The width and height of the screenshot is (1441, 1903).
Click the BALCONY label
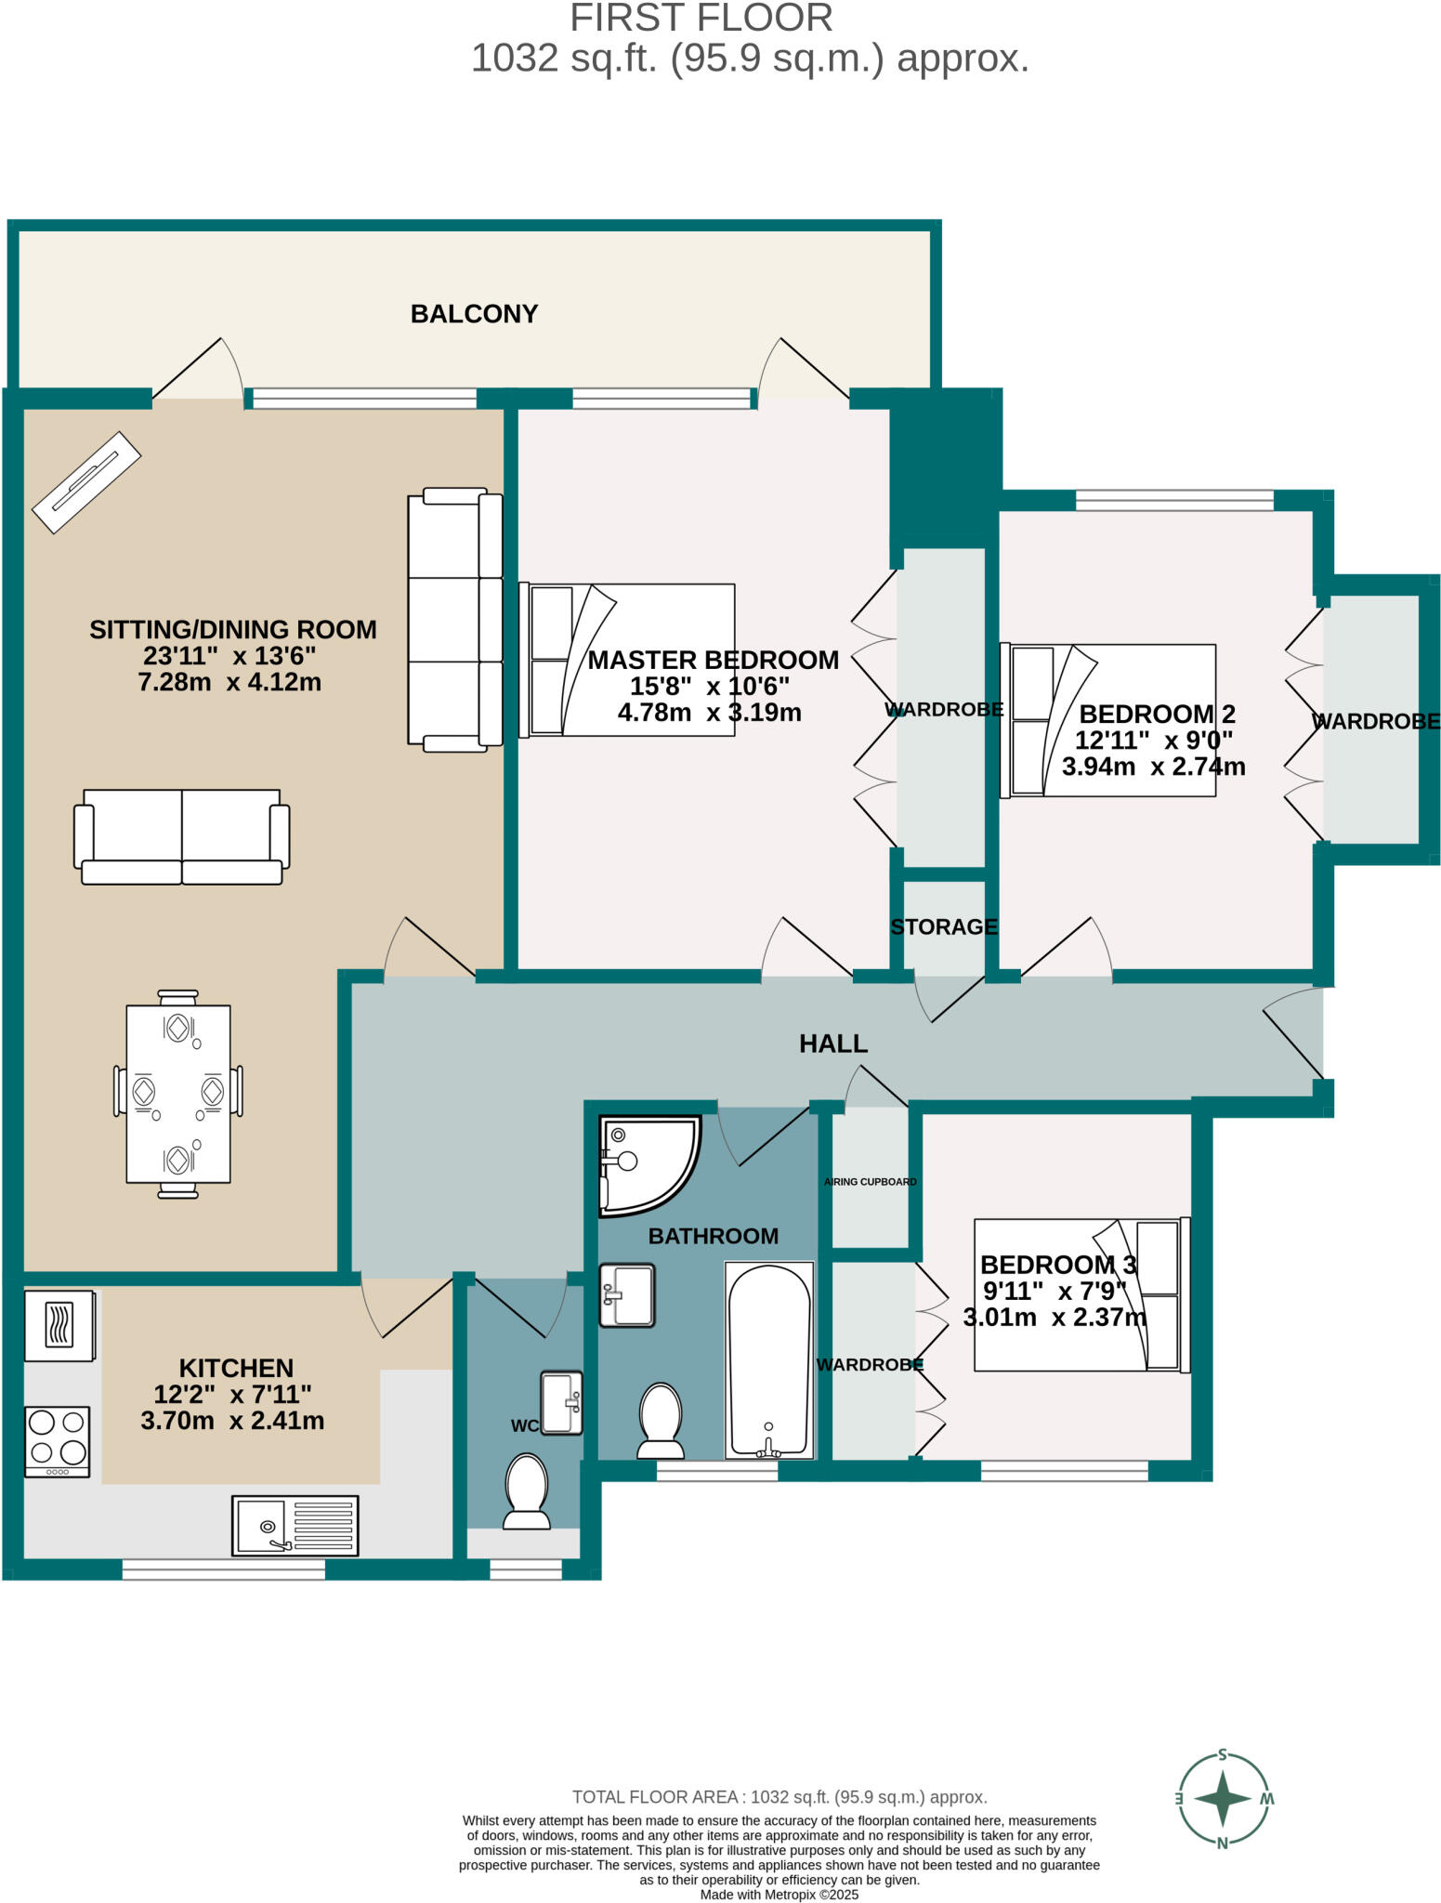474,314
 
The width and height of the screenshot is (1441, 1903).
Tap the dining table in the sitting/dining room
177,1094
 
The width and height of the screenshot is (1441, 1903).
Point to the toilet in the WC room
526,1492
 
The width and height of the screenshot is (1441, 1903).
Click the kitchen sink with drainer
295,1525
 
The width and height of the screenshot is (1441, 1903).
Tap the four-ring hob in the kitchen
58,1440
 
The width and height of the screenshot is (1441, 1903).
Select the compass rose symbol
1223,1799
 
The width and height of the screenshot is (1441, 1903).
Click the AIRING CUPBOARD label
870,1182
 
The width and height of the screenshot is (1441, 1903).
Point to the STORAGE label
943,926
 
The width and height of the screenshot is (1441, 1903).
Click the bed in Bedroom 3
1081,1294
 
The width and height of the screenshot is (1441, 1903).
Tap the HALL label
833,1043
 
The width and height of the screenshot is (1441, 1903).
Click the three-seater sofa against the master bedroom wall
455,619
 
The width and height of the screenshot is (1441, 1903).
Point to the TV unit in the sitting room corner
86,482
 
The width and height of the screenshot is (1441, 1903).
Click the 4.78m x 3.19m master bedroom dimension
709,713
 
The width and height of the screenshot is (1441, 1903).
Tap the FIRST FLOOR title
701,19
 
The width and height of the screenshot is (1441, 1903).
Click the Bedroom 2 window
1174,500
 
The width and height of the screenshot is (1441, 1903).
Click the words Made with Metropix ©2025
779,1895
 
